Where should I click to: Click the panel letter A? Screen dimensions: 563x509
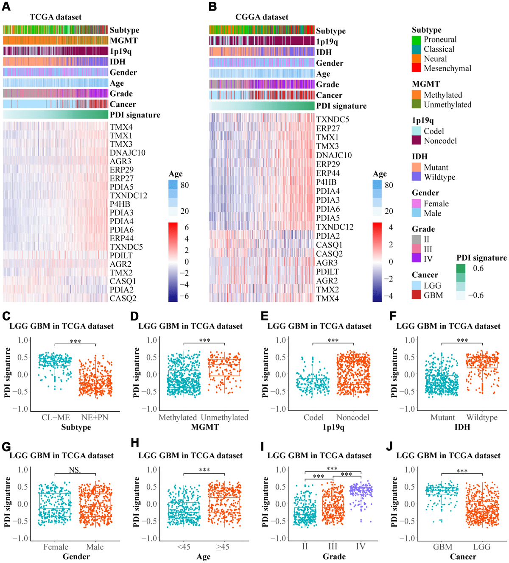coord(6,7)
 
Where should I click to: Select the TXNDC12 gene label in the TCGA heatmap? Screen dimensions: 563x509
coord(129,195)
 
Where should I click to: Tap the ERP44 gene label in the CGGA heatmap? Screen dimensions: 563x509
coord(328,173)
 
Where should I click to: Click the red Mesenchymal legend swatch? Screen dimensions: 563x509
coord(417,68)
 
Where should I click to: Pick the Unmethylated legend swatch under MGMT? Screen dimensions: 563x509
coord(417,104)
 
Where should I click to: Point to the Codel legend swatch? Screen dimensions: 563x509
coord(417,131)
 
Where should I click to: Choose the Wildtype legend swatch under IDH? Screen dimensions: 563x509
coord(417,177)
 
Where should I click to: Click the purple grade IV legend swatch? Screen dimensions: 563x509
coord(417,258)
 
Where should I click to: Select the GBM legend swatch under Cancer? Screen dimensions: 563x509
coord(417,295)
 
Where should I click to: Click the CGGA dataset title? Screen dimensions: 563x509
coord(262,17)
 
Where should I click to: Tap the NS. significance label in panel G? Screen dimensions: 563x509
coord(75,470)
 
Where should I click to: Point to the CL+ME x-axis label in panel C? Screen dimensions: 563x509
coord(56,418)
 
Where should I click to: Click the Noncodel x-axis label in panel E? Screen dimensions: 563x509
coord(353,418)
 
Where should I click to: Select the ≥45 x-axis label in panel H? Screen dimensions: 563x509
coord(223,547)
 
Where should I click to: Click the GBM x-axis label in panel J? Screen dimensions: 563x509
coord(442,547)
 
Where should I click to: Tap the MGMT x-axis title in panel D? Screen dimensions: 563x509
coord(205,427)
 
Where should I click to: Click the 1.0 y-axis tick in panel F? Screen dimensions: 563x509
coord(410,340)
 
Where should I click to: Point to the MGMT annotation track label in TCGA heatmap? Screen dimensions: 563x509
coord(124,41)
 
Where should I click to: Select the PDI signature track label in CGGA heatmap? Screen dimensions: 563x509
coord(341,106)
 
